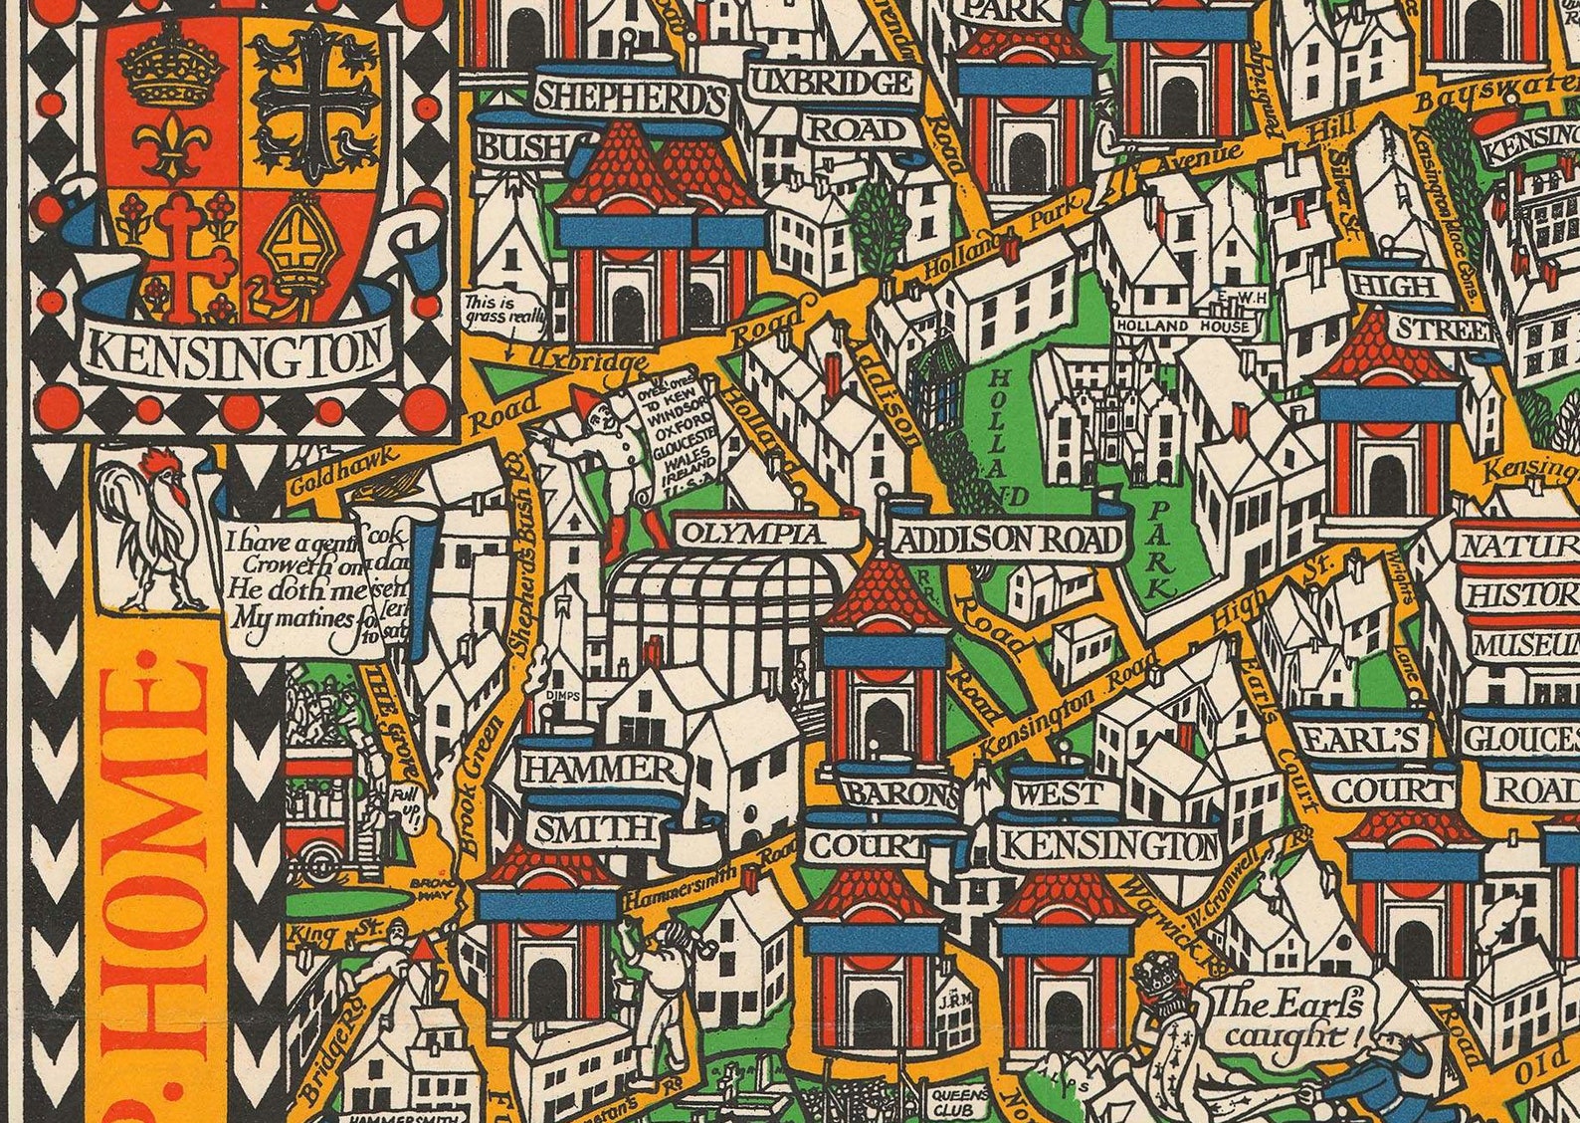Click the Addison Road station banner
(x=1007, y=540)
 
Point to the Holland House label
(x=1181, y=326)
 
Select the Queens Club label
(x=959, y=1100)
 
